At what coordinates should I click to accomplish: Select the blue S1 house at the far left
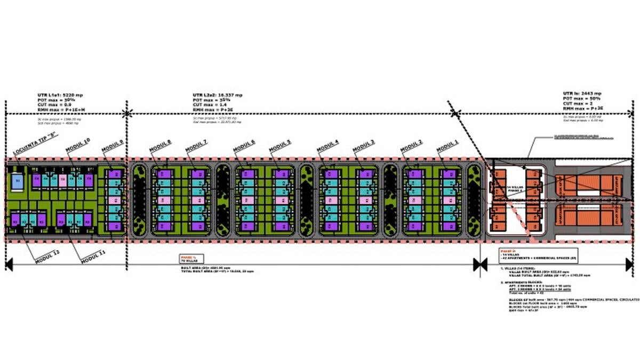pyautogui.click(x=17, y=181)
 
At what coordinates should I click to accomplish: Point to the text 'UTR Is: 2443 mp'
pyautogui.click(x=582, y=93)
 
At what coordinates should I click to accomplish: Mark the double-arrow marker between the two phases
pyautogui.click(x=480, y=263)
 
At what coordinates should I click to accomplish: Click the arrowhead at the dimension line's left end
pyautogui.click(x=9, y=263)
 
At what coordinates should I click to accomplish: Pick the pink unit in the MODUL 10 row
pyautogui.click(x=62, y=180)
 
